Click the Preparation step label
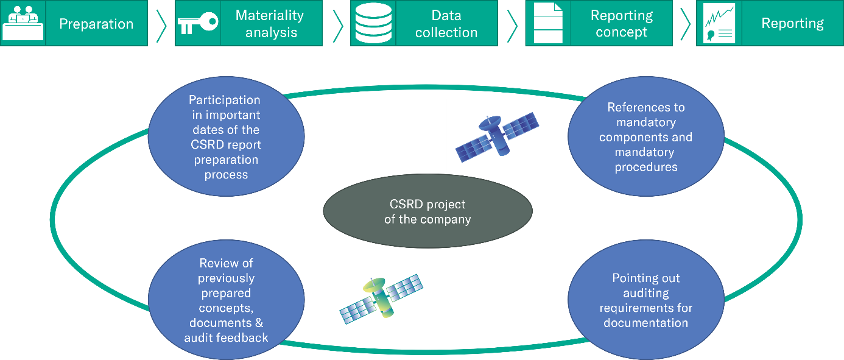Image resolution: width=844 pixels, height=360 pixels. click(x=96, y=24)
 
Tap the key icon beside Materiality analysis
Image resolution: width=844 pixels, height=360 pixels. click(x=197, y=23)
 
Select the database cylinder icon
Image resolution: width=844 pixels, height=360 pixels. click(x=373, y=23)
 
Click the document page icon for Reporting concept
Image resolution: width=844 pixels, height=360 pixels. click(x=547, y=23)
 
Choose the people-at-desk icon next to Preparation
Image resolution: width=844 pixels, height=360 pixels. click(x=23, y=24)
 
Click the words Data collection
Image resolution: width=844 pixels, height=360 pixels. click(x=446, y=24)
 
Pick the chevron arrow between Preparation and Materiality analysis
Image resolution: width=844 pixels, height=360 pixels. click(x=161, y=24)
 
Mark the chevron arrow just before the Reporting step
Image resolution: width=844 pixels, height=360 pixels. click(x=685, y=24)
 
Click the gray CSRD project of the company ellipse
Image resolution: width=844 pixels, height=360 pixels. click(x=427, y=211)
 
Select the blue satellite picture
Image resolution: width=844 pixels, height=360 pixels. click(x=497, y=136)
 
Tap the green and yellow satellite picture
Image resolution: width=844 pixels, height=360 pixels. click(x=381, y=297)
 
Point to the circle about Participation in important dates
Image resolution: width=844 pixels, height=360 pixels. click(x=226, y=137)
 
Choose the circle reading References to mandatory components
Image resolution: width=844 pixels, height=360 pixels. click(x=645, y=137)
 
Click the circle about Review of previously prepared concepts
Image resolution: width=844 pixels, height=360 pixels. click(x=226, y=300)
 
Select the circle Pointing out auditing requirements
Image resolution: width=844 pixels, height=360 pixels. click(x=645, y=300)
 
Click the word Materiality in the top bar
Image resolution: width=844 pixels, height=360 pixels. click(x=270, y=16)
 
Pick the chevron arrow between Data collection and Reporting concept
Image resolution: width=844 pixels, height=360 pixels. click(x=512, y=24)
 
